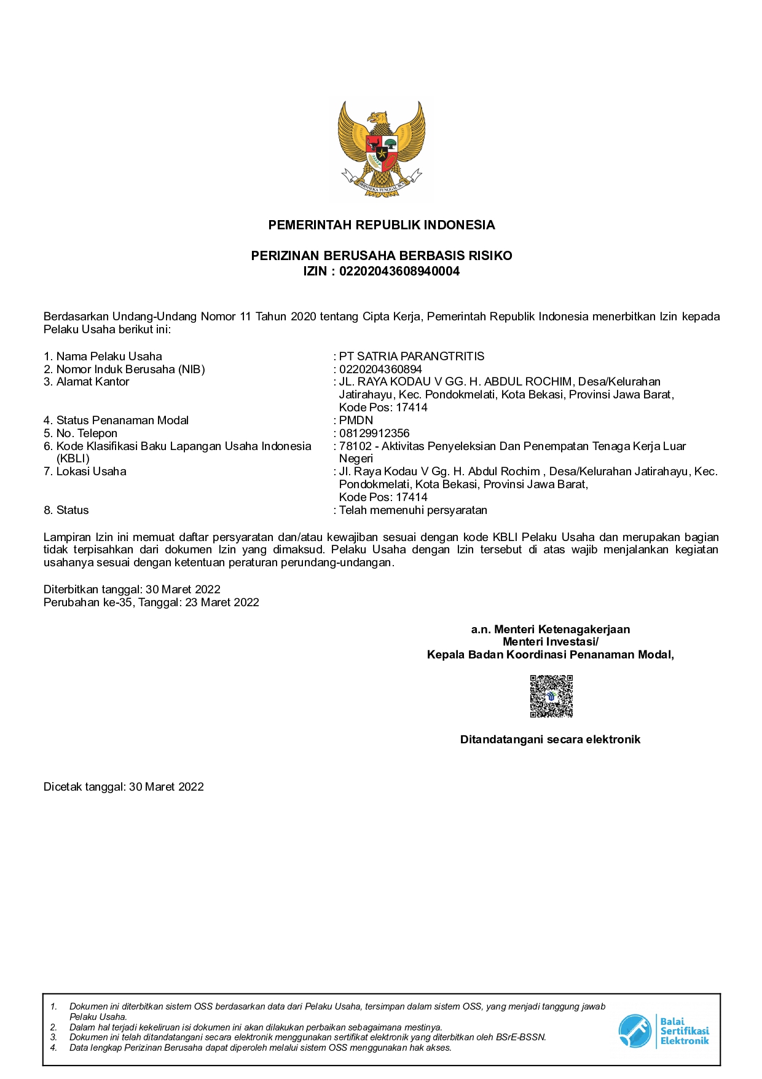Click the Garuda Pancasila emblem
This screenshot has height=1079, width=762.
click(x=381, y=149)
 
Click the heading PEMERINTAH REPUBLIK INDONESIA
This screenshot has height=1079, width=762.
click(x=381, y=225)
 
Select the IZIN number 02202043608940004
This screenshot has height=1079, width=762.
click(x=399, y=271)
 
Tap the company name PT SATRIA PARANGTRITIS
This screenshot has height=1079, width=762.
click(x=412, y=357)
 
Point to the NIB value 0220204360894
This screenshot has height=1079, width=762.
click(x=380, y=370)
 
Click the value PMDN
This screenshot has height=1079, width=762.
click(x=356, y=421)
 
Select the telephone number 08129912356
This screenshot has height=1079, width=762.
click(x=374, y=433)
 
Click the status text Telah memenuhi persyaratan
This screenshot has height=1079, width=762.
click(x=413, y=510)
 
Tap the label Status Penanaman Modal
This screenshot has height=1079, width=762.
click(x=122, y=421)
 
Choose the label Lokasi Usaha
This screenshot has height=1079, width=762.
click(x=91, y=472)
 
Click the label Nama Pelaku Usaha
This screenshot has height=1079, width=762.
click(x=109, y=357)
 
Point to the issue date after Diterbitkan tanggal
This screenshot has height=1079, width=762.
click(x=183, y=590)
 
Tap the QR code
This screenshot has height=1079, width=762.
click(x=551, y=696)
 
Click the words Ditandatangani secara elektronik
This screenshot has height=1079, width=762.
click(x=550, y=740)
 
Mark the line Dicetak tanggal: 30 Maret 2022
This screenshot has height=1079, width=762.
click(x=124, y=787)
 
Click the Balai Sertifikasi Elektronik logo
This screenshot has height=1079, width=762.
click(x=663, y=1031)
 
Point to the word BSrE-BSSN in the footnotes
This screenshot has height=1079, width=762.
click(x=524, y=1037)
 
